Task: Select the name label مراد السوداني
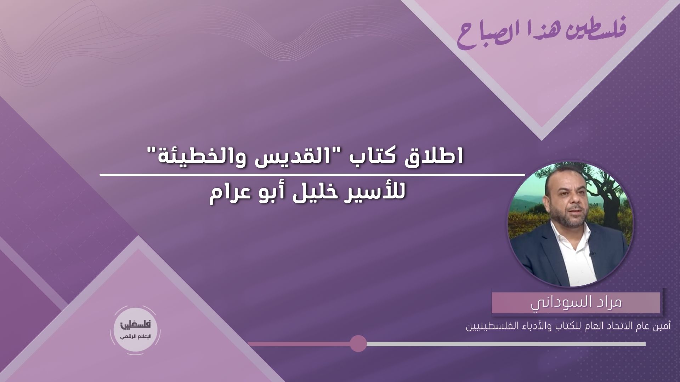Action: pos(576,303)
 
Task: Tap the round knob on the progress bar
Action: pos(358,343)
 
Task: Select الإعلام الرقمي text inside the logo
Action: pos(135,336)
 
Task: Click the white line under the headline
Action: pos(312,175)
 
